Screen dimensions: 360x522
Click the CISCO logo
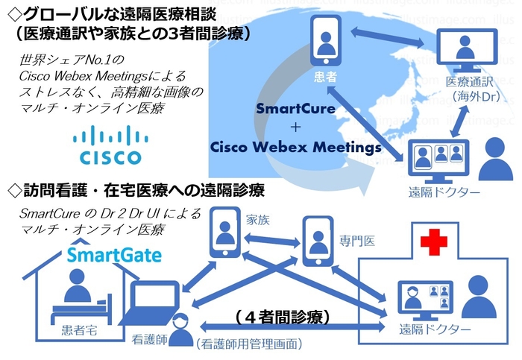[110, 145]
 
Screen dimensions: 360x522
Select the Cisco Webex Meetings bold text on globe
[295, 147]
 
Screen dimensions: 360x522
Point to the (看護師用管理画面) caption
[248, 344]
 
